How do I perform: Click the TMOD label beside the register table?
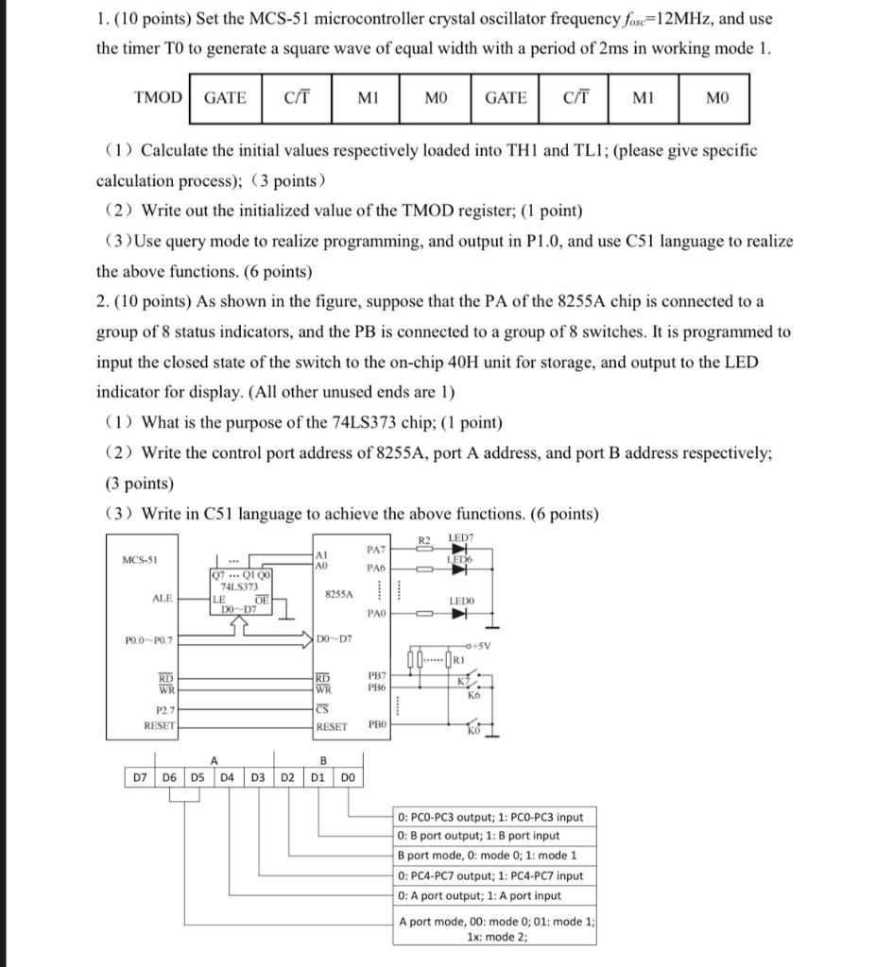tap(159, 97)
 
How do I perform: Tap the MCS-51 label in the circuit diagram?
tap(140, 560)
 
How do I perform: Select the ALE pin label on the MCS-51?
tap(163, 598)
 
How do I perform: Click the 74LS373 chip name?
tap(239, 586)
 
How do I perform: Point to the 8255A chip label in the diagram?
tap(338, 594)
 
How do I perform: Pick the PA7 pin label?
tap(374, 549)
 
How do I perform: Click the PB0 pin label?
tap(375, 725)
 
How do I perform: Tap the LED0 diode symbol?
tap(460, 615)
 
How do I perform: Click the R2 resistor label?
tap(424, 539)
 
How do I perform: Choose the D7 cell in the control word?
tap(139, 777)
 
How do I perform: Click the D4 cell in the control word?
tap(228, 777)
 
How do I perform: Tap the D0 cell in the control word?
tap(348, 777)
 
